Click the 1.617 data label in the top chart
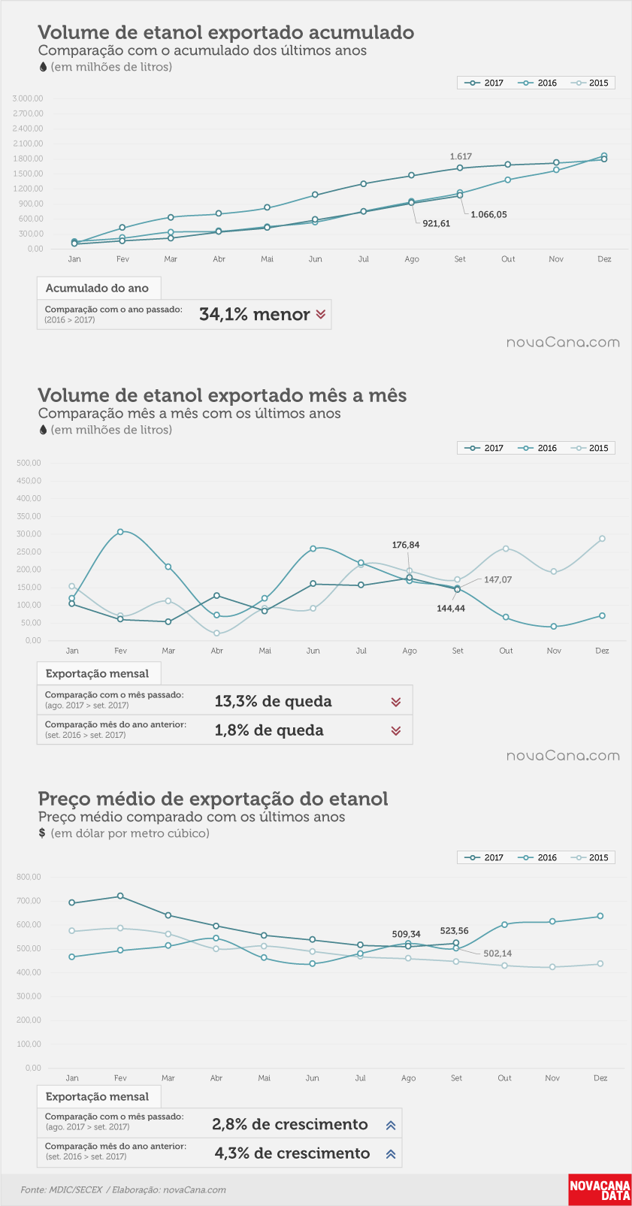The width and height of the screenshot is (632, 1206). (461, 157)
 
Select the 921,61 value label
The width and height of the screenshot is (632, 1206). (436, 223)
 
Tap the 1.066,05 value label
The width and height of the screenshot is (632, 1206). (488, 214)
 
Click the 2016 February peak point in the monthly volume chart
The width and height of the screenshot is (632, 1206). (120, 531)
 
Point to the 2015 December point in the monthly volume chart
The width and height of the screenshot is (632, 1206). (602, 539)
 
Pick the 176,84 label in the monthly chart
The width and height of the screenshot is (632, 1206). (406, 545)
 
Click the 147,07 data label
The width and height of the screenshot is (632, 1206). (498, 579)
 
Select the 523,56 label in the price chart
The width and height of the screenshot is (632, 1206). (455, 930)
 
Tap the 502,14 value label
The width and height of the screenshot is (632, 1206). (497, 953)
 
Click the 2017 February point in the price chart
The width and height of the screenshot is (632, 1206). (120, 896)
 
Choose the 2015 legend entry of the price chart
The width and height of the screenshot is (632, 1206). (592, 857)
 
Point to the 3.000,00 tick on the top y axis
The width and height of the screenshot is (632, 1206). (28, 98)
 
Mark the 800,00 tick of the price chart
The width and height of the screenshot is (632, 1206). (29, 876)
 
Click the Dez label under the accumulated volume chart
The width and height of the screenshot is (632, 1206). (604, 259)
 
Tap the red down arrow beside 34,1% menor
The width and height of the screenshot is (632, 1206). (320, 314)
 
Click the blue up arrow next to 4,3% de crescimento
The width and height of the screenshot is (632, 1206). (391, 1153)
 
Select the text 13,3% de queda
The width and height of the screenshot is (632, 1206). (273, 701)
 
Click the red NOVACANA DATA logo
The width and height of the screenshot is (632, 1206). (599, 1189)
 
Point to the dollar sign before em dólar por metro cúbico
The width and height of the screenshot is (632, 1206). (42, 833)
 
